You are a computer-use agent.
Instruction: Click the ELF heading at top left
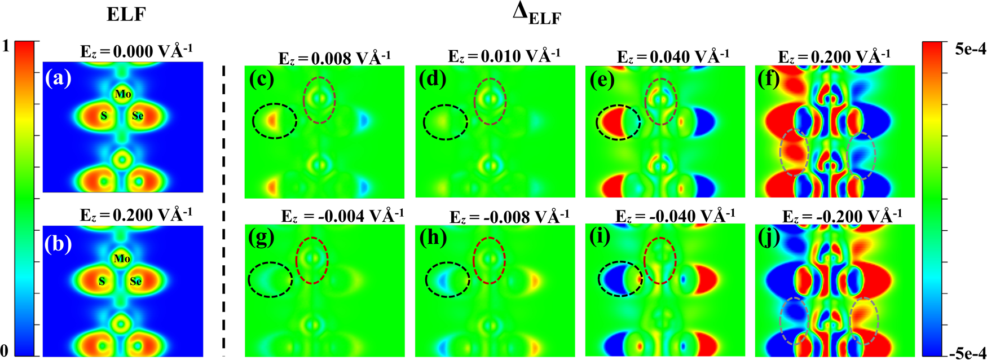pyautogui.click(x=126, y=14)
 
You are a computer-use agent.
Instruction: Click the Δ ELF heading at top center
pyautogui.click(x=536, y=15)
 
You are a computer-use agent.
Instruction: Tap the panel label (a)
pyautogui.click(x=58, y=78)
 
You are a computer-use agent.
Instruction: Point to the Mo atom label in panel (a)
pyautogui.click(x=122, y=94)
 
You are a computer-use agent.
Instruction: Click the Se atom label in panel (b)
pyautogui.click(x=136, y=281)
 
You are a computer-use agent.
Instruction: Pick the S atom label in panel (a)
pyautogui.click(x=104, y=116)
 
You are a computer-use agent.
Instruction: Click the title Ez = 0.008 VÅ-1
pyautogui.click(x=334, y=58)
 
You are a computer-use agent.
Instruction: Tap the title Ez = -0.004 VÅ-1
pyautogui.click(x=342, y=216)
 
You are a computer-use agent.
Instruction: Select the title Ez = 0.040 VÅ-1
pyautogui.click(x=673, y=56)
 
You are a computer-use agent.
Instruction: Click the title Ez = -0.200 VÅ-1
pyautogui.click(x=842, y=216)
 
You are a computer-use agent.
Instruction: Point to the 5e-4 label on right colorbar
pyautogui.click(x=971, y=49)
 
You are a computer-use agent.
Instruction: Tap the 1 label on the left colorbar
pyautogui.click(x=6, y=46)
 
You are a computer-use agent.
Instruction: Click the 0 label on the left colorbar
pyautogui.click(x=6, y=349)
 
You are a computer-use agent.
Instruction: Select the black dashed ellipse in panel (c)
pyautogui.click(x=274, y=121)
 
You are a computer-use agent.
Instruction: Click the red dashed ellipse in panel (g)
pyautogui.click(x=312, y=261)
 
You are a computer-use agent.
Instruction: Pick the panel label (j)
pyautogui.click(x=768, y=238)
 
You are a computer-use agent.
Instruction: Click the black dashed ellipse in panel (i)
pyautogui.click(x=620, y=278)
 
